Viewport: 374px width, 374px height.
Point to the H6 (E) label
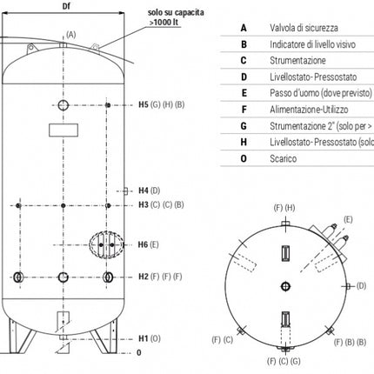(149, 244)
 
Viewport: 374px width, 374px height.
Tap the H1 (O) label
(149, 337)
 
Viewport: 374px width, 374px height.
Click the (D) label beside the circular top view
(361, 284)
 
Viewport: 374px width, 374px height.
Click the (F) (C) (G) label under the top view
(283, 360)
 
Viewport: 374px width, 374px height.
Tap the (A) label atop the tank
(70, 34)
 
